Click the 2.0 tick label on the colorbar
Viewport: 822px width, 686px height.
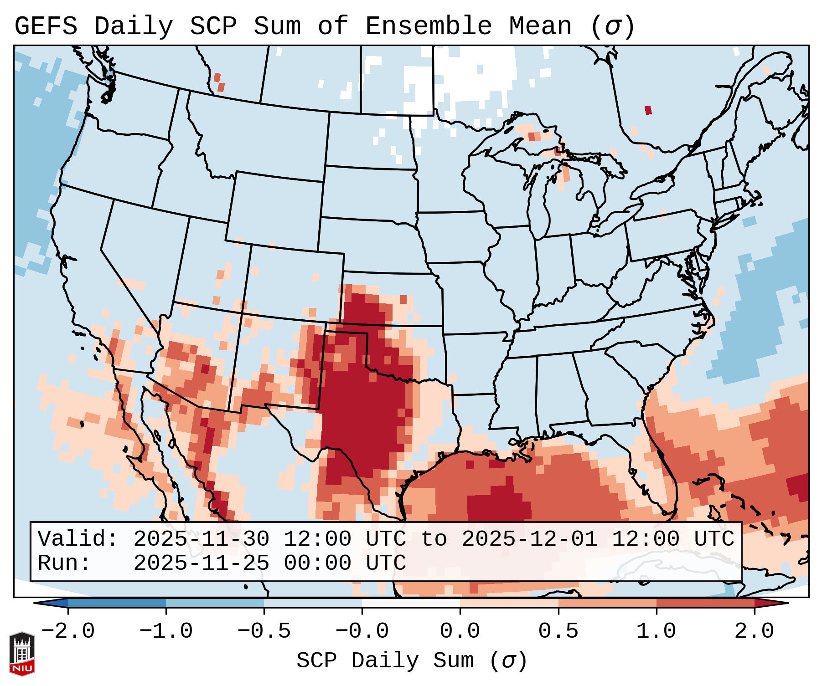pyautogui.click(x=754, y=631)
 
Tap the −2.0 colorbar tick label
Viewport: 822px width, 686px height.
pyautogui.click(x=68, y=631)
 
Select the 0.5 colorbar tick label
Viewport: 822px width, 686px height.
pyautogui.click(x=558, y=631)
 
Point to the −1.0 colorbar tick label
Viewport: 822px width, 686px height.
pyautogui.click(x=166, y=631)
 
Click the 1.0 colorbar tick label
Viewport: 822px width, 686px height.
pyautogui.click(x=656, y=631)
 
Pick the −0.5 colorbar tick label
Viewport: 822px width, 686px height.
pyautogui.click(x=264, y=631)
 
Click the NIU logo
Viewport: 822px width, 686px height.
pyautogui.click(x=22, y=653)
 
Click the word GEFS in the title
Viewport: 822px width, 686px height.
pyautogui.click(x=46, y=26)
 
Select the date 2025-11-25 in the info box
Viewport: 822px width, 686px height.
pyautogui.click(x=201, y=563)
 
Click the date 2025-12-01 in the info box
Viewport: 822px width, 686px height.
pyautogui.click(x=529, y=539)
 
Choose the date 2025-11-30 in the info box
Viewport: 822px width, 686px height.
pyautogui.click(x=201, y=539)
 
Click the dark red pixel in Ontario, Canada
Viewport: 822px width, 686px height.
pyautogui.click(x=648, y=110)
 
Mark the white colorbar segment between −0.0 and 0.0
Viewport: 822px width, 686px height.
pyautogui.click(x=411, y=603)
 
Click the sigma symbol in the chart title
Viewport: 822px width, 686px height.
pyautogui.click(x=612, y=26)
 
